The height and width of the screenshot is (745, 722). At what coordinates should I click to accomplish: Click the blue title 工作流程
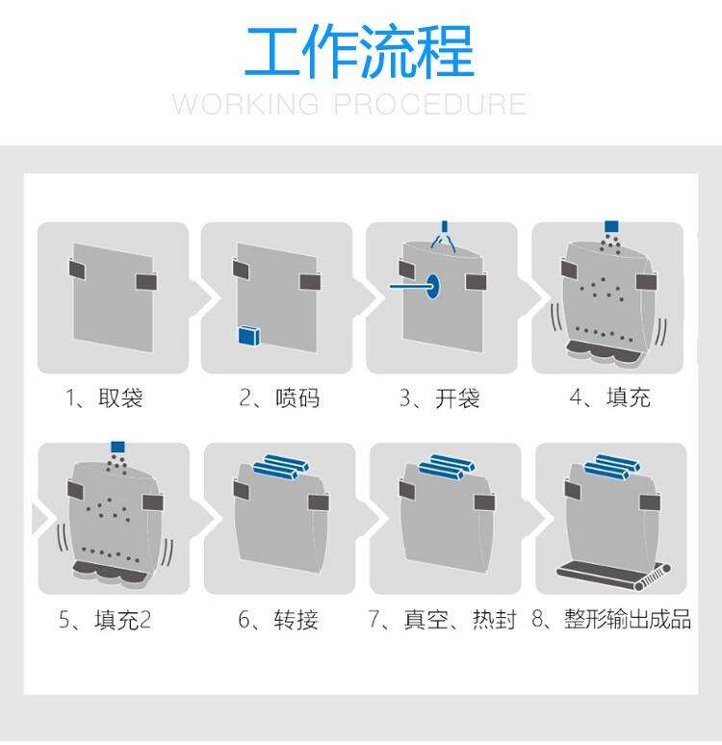pos(359,52)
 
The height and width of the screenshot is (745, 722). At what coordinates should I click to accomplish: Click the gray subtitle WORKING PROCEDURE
pos(349,104)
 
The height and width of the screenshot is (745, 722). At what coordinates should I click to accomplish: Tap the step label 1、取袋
pos(104,398)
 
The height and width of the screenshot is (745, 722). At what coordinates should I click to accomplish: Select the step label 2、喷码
pos(279,398)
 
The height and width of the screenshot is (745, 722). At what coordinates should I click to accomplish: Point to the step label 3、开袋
pos(440,398)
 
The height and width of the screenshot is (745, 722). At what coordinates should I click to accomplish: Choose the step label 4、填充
pos(609,398)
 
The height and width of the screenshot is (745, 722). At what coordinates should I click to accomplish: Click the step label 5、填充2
pos(105,620)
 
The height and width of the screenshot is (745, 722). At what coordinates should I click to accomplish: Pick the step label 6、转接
pos(278,620)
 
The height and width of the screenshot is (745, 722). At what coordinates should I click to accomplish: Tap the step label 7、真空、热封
pos(442,620)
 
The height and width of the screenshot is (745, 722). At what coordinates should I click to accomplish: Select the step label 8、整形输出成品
pos(611,619)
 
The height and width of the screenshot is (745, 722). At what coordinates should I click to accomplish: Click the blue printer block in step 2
pos(249,335)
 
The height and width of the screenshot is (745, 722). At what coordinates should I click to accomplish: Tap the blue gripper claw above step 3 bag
pos(444,236)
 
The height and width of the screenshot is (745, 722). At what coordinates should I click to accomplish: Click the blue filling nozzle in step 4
pos(611,226)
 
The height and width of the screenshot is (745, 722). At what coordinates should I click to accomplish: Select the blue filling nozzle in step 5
pos(117,447)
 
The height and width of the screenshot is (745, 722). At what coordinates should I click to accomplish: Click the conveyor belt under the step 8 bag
pos(613,574)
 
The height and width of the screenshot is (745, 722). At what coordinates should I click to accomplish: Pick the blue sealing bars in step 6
pos(281,466)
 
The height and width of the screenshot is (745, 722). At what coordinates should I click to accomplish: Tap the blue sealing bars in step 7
pos(447,466)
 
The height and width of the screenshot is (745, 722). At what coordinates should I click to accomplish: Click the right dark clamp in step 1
pos(146,281)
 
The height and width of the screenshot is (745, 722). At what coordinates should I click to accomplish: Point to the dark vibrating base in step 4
pos(601,351)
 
